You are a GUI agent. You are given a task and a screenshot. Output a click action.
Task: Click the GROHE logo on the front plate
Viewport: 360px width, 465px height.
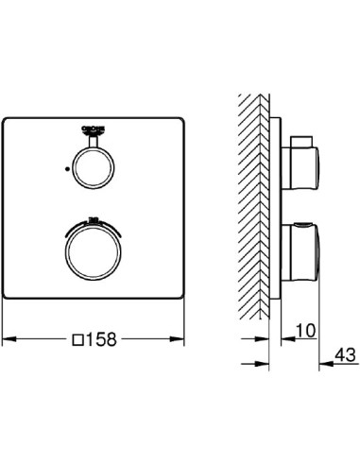(x=93, y=128)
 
